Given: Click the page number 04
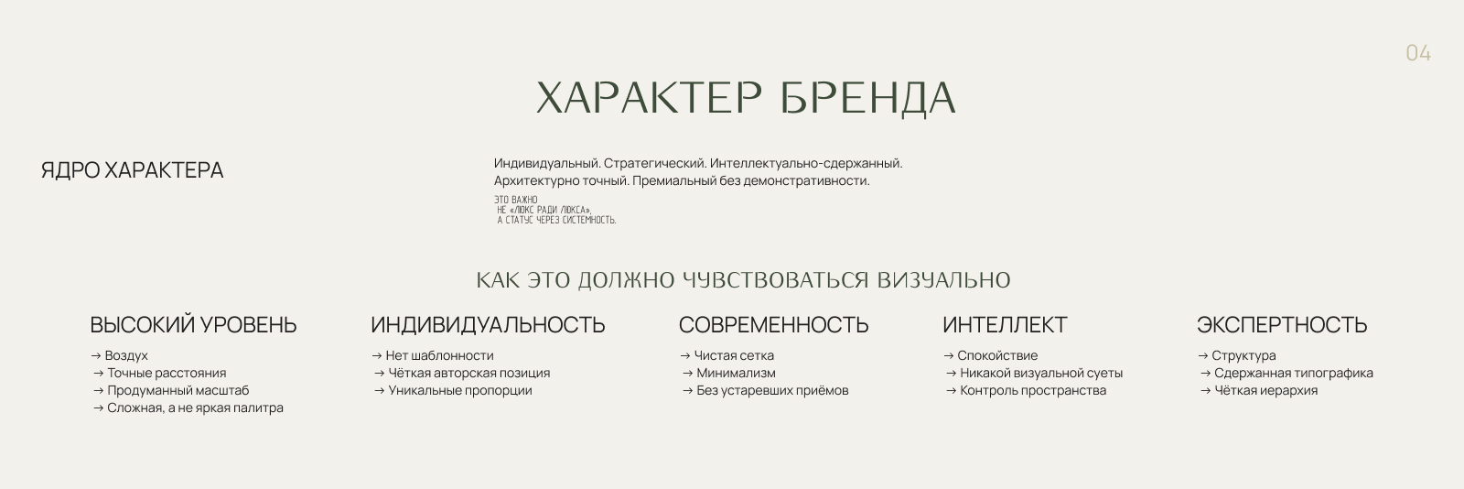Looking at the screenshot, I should click(x=1417, y=54).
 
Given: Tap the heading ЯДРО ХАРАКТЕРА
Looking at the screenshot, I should click(x=132, y=170).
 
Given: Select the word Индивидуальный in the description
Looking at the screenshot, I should click(x=546, y=164).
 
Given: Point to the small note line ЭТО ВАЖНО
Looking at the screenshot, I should click(x=516, y=200).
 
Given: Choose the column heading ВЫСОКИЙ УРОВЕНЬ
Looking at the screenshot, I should click(x=193, y=325).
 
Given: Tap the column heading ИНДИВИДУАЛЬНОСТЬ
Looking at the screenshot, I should click(x=488, y=325).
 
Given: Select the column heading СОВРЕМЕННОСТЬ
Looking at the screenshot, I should click(x=773, y=325).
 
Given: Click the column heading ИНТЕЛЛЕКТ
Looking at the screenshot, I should click(x=1005, y=325).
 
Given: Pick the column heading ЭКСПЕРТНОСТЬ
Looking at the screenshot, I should click(x=1281, y=325).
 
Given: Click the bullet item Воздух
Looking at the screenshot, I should click(x=126, y=356).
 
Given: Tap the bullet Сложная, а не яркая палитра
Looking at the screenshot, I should click(x=195, y=408).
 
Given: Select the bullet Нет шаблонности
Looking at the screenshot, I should click(x=439, y=356).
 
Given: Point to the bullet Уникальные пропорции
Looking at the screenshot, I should click(x=459, y=391).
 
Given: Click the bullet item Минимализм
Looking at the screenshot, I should click(x=736, y=374).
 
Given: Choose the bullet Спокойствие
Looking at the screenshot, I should click(x=997, y=356).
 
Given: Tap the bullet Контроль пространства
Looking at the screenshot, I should click(x=1032, y=391).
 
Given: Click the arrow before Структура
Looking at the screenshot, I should click(x=1202, y=356).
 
